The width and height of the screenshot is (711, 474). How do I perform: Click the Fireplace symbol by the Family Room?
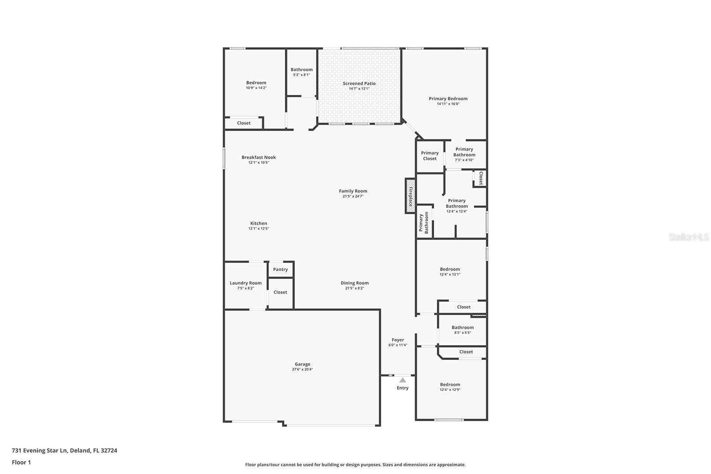click(410, 196)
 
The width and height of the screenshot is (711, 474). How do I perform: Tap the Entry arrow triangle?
click(403, 380)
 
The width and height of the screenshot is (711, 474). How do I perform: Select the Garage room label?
click(302, 364)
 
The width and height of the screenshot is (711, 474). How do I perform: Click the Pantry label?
click(280, 269)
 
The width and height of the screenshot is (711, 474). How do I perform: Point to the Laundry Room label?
click(245, 283)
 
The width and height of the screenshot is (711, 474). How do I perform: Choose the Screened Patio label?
click(359, 84)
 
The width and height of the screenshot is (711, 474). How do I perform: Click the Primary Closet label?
click(430, 155)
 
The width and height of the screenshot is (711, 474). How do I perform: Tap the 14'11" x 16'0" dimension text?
click(448, 104)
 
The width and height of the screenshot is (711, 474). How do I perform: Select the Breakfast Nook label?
click(259, 157)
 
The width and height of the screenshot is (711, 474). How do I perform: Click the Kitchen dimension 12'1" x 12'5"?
click(259, 228)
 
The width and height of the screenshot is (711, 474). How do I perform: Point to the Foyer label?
click(398, 340)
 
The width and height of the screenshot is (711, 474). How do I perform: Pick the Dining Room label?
click(355, 283)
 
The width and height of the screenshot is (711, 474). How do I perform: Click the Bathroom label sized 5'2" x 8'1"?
click(302, 70)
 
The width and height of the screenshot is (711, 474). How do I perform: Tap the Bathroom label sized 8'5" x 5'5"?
click(463, 327)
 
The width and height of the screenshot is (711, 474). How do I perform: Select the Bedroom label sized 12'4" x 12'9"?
click(450, 385)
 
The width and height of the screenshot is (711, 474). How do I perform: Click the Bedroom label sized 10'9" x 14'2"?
click(256, 83)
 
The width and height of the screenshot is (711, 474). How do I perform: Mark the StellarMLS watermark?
click(689, 237)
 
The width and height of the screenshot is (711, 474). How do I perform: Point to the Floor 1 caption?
click(21, 462)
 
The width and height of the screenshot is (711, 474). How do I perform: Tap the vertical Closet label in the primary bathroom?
click(480, 178)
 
